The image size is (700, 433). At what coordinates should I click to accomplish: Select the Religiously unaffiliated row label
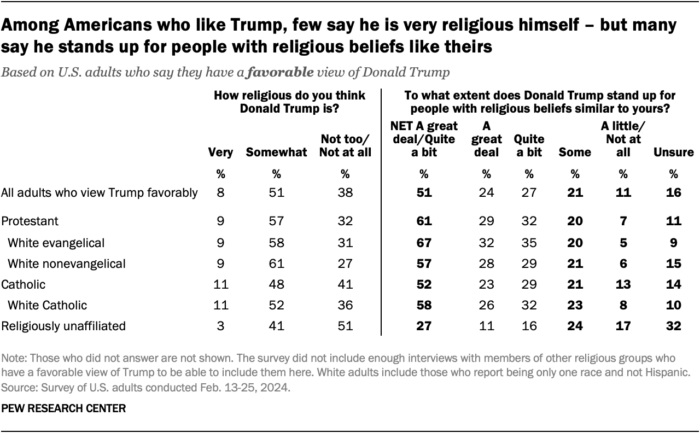(x=63, y=326)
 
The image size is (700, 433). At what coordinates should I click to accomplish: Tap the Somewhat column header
(x=276, y=153)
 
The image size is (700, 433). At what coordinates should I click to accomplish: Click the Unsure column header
(x=673, y=153)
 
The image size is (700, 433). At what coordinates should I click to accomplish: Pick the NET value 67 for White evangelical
(x=424, y=242)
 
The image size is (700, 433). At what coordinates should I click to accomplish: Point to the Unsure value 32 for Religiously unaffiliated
(x=673, y=326)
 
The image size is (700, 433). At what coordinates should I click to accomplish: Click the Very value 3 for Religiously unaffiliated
(x=221, y=326)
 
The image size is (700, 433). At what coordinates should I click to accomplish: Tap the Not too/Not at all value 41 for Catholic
(x=345, y=284)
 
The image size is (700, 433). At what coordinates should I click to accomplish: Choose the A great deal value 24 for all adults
(x=486, y=192)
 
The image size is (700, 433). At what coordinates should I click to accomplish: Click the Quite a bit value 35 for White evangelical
(x=529, y=242)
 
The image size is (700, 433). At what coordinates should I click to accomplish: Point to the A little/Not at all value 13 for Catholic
(x=623, y=284)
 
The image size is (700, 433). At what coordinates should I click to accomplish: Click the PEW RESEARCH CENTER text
(x=63, y=408)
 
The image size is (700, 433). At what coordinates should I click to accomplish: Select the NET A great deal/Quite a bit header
(x=424, y=139)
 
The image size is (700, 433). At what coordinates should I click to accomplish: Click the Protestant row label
(x=30, y=221)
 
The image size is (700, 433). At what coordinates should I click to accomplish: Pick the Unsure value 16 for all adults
(x=673, y=192)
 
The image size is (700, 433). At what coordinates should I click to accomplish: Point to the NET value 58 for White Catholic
(x=424, y=305)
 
